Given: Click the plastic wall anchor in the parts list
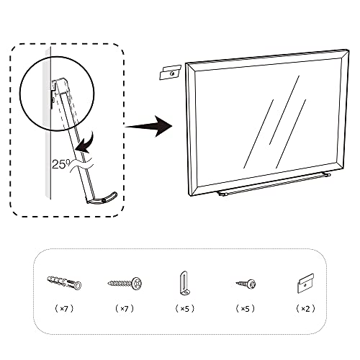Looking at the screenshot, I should point(64,283).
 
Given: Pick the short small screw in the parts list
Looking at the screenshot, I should point(246,284).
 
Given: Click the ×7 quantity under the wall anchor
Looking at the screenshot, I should point(64,307).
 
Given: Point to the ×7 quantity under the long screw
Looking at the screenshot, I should point(125,307).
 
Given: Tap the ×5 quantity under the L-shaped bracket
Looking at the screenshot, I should point(184,307).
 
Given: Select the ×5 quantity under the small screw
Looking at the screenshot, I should point(245,307).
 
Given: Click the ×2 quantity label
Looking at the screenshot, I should point(305,307).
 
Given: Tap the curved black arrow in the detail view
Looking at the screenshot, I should point(88,142).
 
